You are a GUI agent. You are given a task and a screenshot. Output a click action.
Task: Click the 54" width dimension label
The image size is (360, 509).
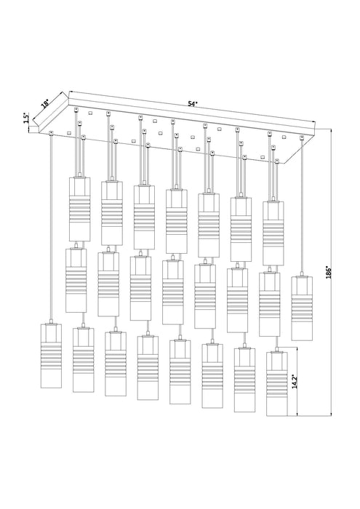click(x=192, y=104)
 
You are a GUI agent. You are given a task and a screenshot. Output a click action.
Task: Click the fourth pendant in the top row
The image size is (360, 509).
click(x=175, y=217)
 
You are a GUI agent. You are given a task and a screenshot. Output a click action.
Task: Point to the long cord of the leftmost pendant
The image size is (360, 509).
click(x=51, y=225)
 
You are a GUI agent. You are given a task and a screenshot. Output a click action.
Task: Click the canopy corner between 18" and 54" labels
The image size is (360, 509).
click(x=69, y=92)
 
